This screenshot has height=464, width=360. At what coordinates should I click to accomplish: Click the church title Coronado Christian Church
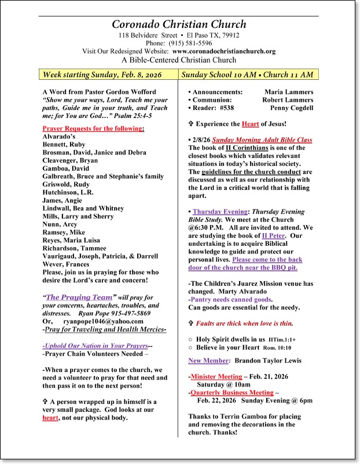[x=179, y=24]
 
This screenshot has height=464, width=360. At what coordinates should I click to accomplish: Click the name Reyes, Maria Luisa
[x=71, y=240]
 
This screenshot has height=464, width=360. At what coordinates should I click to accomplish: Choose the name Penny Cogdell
[x=291, y=108]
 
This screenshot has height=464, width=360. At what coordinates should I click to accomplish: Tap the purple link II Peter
[x=272, y=252]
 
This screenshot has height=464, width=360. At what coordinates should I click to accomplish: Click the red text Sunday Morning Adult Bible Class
[x=261, y=139]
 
